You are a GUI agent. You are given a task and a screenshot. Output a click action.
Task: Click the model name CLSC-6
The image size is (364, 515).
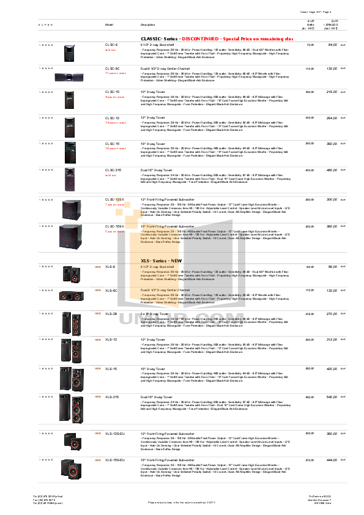[111, 45]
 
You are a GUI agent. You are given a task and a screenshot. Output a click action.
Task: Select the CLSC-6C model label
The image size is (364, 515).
[113, 69]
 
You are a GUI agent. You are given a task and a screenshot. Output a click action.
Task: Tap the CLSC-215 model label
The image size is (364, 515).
[114, 169]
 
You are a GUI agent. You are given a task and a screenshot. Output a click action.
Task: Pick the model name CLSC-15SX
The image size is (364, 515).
[115, 226]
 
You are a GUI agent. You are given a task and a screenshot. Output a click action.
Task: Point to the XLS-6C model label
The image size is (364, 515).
[111, 290]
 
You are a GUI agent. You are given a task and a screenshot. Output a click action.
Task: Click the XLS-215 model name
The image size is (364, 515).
[113, 397]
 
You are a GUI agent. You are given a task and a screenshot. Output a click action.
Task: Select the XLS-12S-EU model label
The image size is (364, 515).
[116, 433]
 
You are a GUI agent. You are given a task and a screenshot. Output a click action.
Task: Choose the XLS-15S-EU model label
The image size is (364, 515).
[116, 459]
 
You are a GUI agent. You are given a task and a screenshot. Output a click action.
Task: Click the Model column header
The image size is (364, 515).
[110, 24]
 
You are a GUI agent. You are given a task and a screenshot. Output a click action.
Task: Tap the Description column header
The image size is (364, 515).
[147, 24]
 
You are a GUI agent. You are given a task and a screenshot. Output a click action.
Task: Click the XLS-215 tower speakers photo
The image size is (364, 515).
[70, 408]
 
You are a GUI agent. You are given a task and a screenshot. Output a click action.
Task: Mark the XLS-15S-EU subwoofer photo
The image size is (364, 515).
[70, 469]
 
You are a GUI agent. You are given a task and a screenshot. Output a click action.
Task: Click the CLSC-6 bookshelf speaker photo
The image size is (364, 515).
[70, 53]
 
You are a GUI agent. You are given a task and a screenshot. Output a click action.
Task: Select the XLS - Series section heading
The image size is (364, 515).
[158, 261]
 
